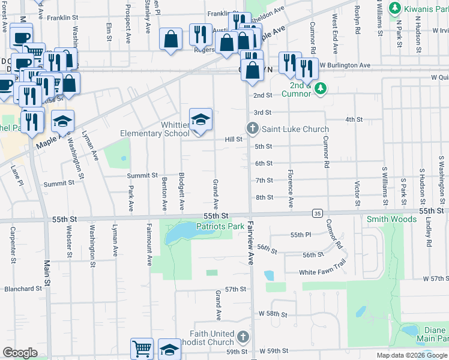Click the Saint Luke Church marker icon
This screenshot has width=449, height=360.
coord(253,128)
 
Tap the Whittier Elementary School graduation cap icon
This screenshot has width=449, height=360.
coord(200,119)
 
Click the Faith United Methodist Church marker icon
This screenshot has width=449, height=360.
coord(243,336)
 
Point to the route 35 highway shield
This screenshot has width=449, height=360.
coord(318,213)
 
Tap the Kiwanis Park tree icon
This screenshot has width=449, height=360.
coord(394,8)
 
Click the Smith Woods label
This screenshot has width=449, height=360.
coord(391,220)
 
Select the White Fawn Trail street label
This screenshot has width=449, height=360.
coord(323,272)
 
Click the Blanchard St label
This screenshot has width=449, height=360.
coord(22,289)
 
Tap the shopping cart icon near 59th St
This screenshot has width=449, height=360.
coord(142,348)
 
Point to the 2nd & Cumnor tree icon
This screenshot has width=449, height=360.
coord(321,89)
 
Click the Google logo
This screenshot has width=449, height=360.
coord(20,353)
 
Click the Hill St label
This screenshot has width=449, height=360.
coord(233,139)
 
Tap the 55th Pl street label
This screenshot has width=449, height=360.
coord(301,235)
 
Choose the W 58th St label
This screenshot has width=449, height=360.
coord(274,314)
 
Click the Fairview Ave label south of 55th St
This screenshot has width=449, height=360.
coord(250,248)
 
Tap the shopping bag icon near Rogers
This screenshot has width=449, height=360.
coord(171,40)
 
